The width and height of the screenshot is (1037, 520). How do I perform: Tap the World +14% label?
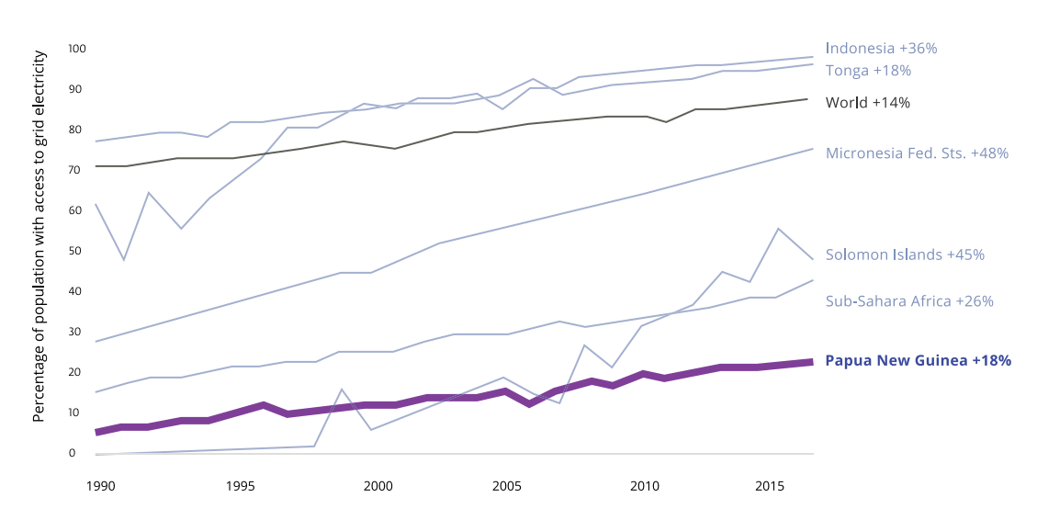868,103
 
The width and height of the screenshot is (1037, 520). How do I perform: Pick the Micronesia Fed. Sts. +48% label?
917,153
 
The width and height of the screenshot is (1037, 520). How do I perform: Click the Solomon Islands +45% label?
905,254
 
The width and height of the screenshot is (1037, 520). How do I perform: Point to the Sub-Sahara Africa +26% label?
909,300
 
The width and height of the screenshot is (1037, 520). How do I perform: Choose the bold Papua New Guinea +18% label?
919,361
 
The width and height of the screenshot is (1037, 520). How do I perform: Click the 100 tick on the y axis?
77,49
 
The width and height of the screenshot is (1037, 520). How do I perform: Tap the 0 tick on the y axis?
73,453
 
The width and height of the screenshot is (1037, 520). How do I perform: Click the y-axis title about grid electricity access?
39,237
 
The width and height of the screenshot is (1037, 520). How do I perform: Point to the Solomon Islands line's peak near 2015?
778,229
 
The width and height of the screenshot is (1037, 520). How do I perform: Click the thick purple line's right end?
808,362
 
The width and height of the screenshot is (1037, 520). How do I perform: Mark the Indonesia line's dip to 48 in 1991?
123,260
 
